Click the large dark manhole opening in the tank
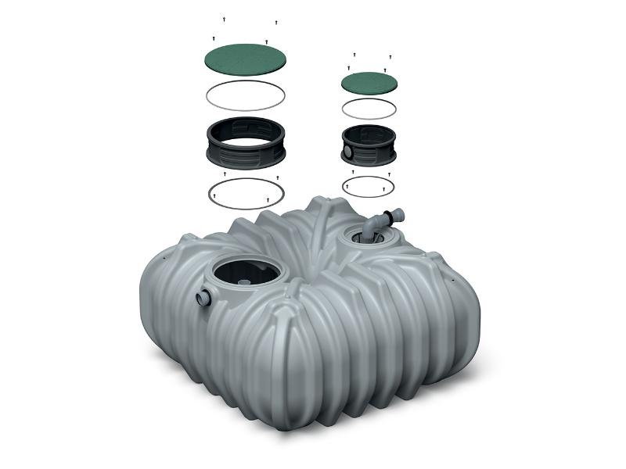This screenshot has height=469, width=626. point(244,274)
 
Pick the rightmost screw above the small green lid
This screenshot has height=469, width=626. point(390,57)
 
